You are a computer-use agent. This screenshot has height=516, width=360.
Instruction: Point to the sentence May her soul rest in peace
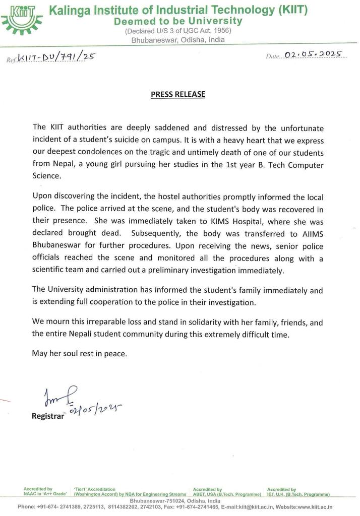80,354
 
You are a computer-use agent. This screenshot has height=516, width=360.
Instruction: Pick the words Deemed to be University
178,21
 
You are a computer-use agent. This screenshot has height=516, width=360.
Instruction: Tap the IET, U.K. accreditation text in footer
298,494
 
